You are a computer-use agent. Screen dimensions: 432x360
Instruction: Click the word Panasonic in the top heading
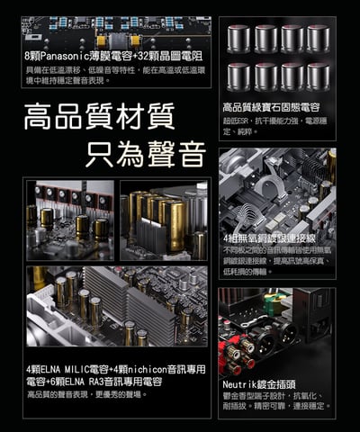click(61, 55)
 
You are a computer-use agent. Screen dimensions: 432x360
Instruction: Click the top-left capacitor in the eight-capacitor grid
click(238, 38)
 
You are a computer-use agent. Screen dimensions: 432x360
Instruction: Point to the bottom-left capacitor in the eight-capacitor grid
click(238, 75)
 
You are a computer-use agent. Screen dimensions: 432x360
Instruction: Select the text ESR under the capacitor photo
click(242, 120)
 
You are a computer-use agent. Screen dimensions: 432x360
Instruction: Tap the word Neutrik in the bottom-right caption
click(239, 382)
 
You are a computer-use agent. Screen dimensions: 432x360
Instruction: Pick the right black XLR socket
click(290, 332)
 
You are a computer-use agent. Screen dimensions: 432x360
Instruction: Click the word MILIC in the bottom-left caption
click(82, 369)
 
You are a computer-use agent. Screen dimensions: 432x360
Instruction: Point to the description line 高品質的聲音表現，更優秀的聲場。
click(86, 394)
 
